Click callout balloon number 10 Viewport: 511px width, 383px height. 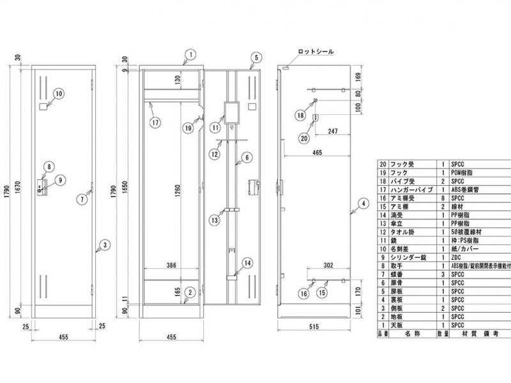(x=58, y=94)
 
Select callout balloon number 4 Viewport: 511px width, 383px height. (x=362, y=204)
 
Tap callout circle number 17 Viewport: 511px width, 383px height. (x=155, y=121)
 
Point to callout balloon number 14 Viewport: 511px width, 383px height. (x=247, y=262)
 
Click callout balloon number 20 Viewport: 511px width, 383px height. (x=304, y=137)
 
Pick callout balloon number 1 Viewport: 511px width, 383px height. (x=189, y=54)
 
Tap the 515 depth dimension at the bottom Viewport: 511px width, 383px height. (x=313, y=327)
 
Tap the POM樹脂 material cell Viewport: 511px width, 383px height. (x=464, y=172)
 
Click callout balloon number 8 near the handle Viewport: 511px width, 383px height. (x=48, y=168)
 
